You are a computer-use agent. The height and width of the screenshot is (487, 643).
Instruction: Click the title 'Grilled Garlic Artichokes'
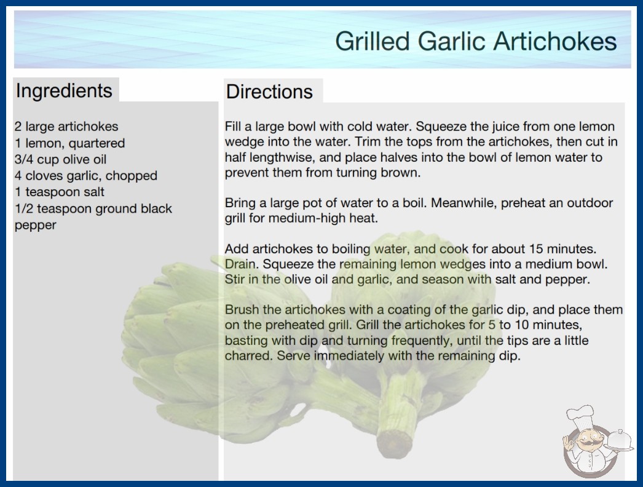tap(476, 41)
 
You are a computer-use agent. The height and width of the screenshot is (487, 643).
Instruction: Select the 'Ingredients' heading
tap(64, 90)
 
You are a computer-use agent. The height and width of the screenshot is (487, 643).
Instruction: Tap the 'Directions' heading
tap(269, 92)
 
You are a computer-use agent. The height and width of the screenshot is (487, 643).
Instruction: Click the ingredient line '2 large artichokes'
tap(66, 127)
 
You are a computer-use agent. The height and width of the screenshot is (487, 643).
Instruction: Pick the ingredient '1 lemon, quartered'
tap(69, 143)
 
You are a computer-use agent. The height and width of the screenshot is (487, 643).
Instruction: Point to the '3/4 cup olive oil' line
tap(60, 159)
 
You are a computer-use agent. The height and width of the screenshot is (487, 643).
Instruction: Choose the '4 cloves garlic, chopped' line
tap(86, 176)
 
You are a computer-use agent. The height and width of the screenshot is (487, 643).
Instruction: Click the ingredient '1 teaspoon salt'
tap(60, 192)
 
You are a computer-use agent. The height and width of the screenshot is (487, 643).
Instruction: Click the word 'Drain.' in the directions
tap(242, 264)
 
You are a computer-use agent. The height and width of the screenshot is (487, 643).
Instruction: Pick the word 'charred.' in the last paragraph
tap(248, 355)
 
